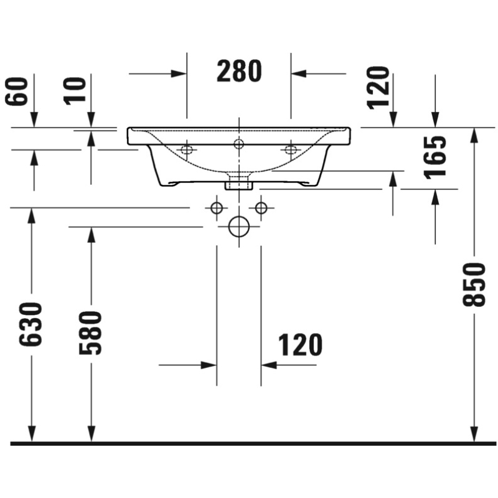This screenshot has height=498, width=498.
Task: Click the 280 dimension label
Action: click(x=239, y=71)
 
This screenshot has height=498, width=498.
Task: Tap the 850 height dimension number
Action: click(x=474, y=284)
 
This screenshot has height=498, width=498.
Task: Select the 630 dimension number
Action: click(x=31, y=324)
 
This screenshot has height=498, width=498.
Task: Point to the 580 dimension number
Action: click(x=90, y=332)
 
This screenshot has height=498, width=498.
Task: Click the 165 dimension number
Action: click(x=435, y=157)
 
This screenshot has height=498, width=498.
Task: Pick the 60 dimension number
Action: click(x=17, y=91)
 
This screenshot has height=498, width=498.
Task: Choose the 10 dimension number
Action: click(x=75, y=90)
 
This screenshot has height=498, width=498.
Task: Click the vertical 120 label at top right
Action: click(x=378, y=88)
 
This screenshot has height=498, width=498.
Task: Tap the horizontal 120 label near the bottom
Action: click(x=300, y=345)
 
